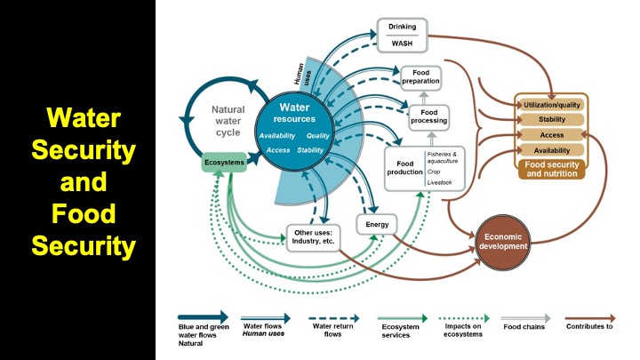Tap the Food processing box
[x=428, y=116]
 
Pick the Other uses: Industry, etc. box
[x=313, y=237]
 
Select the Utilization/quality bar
[x=551, y=105]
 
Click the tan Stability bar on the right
[x=551, y=120]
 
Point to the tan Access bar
[x=551, y=135]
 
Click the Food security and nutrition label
[x=551, y=169]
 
